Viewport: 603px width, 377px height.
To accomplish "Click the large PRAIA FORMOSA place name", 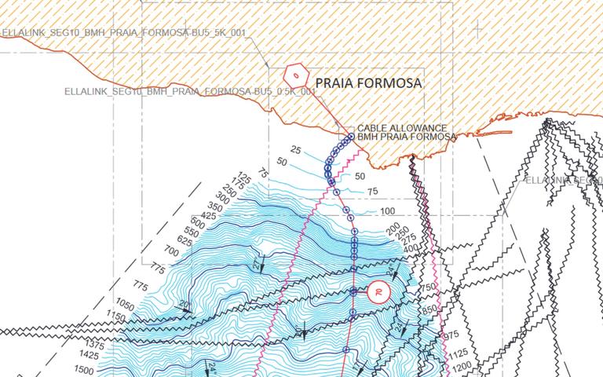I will point(368,82).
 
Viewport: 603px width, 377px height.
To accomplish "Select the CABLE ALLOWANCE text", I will point(402,128).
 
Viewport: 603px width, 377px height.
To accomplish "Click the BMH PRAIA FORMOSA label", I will point(407,137).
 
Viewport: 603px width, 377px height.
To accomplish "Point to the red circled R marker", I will point(378,291).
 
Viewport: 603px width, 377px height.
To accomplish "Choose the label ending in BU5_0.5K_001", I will point(191,92).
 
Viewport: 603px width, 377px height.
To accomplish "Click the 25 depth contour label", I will point(295,149).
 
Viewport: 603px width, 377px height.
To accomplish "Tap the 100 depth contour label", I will point(387,211).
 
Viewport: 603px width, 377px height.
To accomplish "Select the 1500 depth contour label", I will point(83,369).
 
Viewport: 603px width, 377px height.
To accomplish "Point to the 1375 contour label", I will point(93,345).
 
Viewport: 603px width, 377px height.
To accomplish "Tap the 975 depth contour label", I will point(451,335).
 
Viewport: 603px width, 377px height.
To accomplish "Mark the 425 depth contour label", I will point(208,216).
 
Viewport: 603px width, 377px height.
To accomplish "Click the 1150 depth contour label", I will point(117,317).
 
